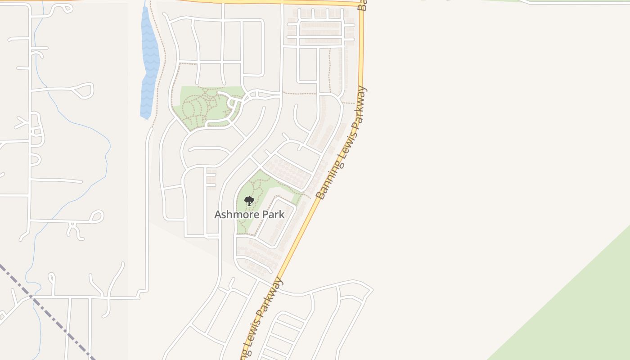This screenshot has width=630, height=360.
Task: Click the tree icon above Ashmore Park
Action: coord(249,201)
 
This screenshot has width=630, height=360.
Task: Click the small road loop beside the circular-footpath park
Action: coord(233,104)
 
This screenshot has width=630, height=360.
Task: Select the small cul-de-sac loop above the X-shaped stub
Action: coord(96,216)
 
